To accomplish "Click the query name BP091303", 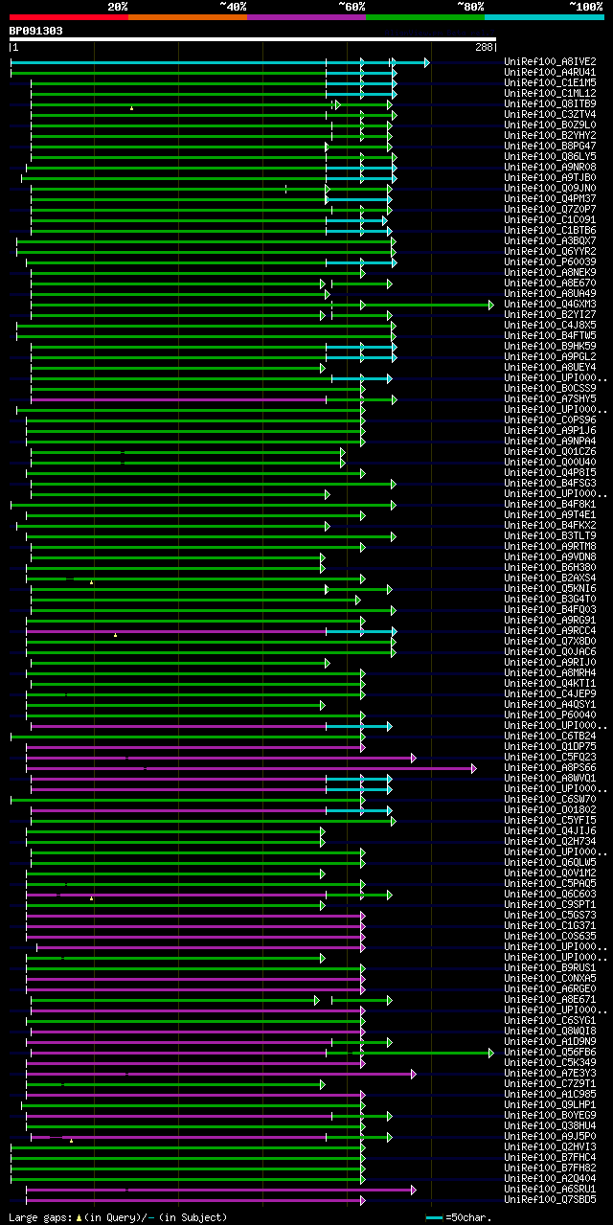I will [36, 31].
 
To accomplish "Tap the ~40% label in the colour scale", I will [233, 6].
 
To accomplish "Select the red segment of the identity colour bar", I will [68, 16].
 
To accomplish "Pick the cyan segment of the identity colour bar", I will [543, 16].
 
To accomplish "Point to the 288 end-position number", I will [484, 47].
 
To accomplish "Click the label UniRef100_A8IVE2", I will [551, 61].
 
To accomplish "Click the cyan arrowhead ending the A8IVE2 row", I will [426, 62].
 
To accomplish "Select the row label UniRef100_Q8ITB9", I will [551, 103].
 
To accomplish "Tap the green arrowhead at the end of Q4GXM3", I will [491, 305].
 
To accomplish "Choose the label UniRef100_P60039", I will [551, 261].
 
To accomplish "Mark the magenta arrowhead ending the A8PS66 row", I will [473, 768].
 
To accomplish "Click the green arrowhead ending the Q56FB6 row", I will [491, 1053].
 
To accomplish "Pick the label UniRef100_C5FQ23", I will [551, 757].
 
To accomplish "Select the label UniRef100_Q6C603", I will [551, 894].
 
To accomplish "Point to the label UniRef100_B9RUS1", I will [551, 967].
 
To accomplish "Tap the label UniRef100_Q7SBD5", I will [551, 1199].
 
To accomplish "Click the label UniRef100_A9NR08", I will [551, 167].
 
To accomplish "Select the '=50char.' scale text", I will [468, 1217].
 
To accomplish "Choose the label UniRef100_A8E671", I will [551, 999].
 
